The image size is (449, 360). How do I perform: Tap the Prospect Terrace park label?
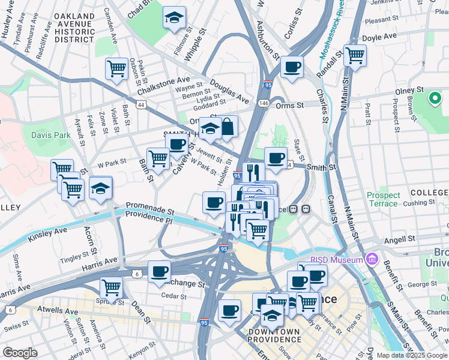(x=383, y=199)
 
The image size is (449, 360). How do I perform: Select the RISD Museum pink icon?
(x=372, y=259)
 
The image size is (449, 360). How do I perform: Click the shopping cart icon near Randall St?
(x=355, y=55)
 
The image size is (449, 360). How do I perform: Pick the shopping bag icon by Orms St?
(x=228, y=126)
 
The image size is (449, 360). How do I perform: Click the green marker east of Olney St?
(x=435, y=98)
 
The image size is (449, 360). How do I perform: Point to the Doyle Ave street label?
(x=380, y=37)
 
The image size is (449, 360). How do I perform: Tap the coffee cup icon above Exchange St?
(x=159, y=271)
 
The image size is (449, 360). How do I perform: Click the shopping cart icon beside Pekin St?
(x=116, y=68)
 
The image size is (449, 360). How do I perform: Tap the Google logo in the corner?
(x=20, y=352)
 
